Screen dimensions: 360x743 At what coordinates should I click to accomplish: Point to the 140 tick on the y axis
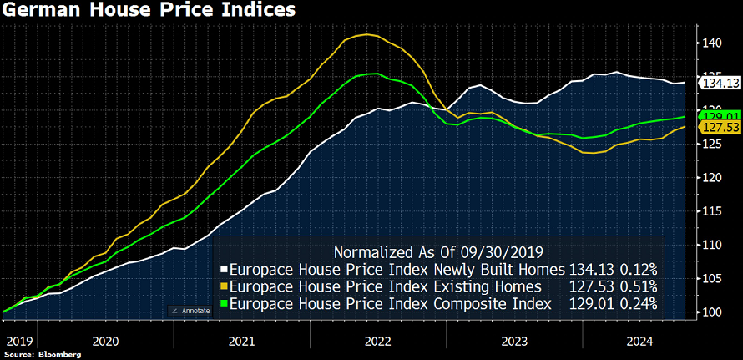(x=711, y=42)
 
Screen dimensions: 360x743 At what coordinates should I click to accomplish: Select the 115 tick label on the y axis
(x=711, y=210)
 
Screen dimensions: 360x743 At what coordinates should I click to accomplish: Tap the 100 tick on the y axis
(x=711, y=312)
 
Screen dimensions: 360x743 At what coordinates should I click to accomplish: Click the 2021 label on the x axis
(x=242, y=341)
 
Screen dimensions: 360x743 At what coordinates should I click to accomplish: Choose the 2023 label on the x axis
(x=513, y=341)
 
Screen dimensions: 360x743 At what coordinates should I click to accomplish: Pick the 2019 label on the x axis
(x=18, y=341)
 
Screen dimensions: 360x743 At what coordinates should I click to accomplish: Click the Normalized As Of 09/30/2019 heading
(x=437, y=251)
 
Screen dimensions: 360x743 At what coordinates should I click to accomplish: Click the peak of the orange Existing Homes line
(x=367, y=34)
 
